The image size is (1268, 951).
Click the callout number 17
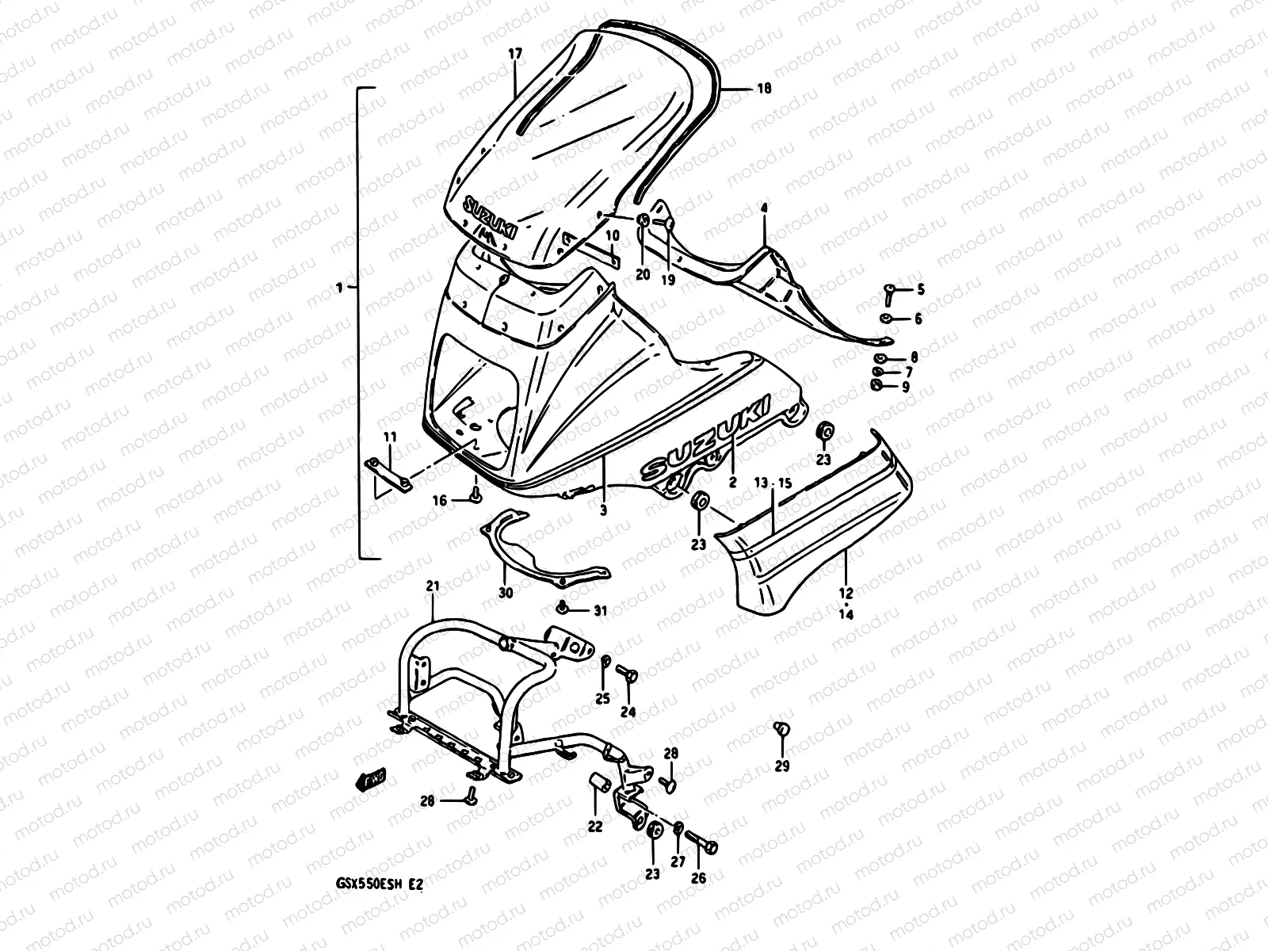pyautogui.click(x=515, y=54)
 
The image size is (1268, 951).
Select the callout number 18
pyautogui.click(x=764, y=90)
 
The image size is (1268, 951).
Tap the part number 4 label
pyautogui.click(x=764, y=208)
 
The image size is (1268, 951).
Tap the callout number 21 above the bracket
pyautogui.click(x=433, y=586)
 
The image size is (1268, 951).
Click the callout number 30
pyautogui.click(x=506, y=593)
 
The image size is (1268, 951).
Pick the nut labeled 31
pyautogui.click(x=563, y=609)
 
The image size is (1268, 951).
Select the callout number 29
pyautogui.click(x=782, y=766)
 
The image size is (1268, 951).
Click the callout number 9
pyautogui.click(x=905, y=387)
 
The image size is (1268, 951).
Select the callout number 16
pyautogui.click(x=440, y=500)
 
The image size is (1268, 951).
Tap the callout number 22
pyautogui.click(x=595, y=827)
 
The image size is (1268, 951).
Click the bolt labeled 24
pyautogui.click(x=628, y=674)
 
